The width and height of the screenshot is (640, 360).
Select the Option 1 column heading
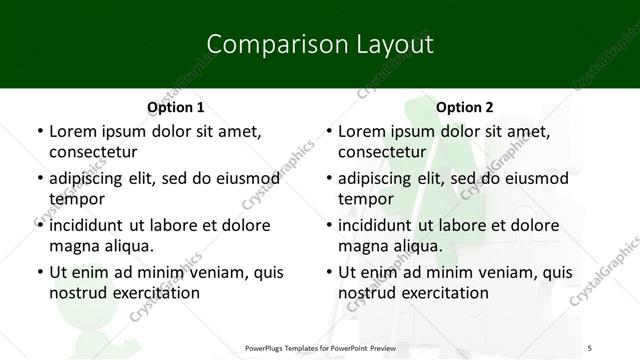point(175,107)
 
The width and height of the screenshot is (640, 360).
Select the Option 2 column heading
point(465,107)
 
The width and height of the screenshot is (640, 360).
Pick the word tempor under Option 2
point(364,199)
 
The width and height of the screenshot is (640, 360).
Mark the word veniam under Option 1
point(213,272)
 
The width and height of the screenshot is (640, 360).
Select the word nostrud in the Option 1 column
point(77,293)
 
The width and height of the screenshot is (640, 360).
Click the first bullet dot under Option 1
point(39,132)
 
